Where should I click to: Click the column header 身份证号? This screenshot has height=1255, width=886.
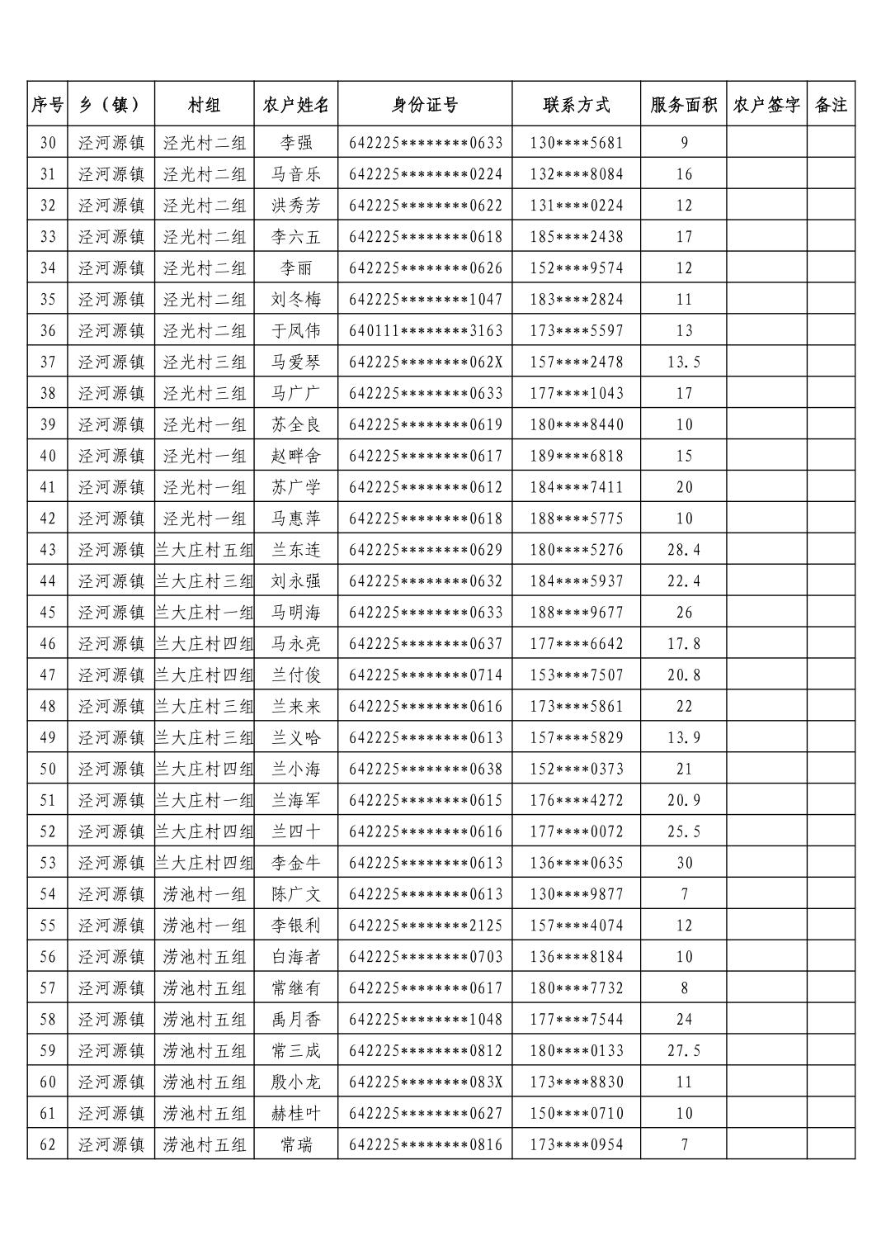[x=425, y=105]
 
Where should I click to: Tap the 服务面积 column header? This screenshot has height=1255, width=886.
[x=683, y=105]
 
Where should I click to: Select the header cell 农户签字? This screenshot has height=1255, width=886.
[x=766, y=105]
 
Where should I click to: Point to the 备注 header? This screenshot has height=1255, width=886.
[x=831, y=105]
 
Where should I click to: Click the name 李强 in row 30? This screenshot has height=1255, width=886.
[x=296, y=143]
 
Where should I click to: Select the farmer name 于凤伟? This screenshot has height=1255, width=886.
[x=296, y=331]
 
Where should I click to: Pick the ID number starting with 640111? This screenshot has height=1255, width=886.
[x=426, y=331]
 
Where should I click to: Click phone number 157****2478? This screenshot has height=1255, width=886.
[x=577, y=362]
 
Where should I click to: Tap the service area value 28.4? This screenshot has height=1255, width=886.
[x=684, y=550]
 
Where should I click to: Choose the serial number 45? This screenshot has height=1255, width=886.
[x=48, y=613]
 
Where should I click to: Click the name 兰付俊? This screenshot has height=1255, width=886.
[x=296, y=675]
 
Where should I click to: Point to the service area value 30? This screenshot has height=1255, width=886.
[x=684, y=863]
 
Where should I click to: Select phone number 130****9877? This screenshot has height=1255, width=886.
[x=577, y=894]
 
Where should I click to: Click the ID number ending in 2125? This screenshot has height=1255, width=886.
[x=426, y=926]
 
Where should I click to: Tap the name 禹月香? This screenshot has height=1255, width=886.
[x=296, y=1020]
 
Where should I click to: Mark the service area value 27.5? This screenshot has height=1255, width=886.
[x=684, y=1051]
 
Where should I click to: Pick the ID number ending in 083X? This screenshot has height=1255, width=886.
[x=426, y=1082]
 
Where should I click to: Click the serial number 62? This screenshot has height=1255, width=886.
[x=48, y=1145]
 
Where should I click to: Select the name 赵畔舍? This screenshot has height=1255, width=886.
[x=296, y=456]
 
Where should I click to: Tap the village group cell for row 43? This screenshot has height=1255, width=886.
[x=205, y=550]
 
